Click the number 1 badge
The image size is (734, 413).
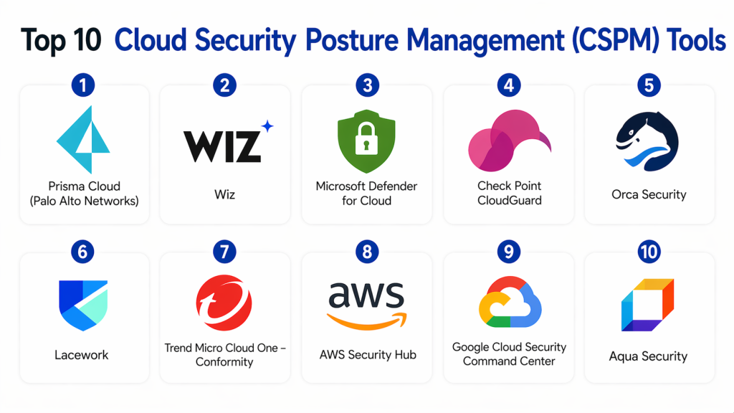coord(84,86)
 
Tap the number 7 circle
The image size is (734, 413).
coord(224,252)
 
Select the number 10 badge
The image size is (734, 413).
coord(649,252)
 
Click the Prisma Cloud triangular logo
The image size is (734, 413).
coord(83,140)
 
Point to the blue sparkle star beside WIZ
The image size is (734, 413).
coord(267,127)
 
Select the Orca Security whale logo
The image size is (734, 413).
coord(647,141)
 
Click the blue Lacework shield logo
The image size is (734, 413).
coord(83,305)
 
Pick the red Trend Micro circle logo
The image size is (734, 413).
coord(224,305)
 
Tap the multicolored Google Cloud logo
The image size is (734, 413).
coord(508,304)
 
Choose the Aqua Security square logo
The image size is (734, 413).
coord(647,305)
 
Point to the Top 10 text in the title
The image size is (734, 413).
coord(62,40)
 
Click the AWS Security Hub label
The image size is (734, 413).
coord(367,354)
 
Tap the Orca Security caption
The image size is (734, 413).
coord(649,194)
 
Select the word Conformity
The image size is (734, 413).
coord(224,362)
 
